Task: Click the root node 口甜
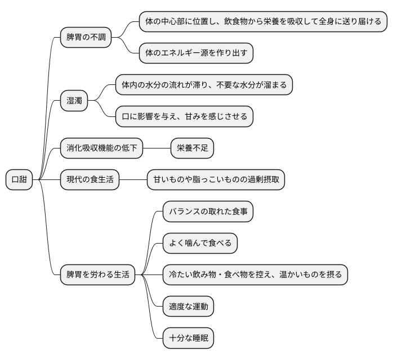19,180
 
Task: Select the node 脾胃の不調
86,38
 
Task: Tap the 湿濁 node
74,101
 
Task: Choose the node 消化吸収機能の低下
101,148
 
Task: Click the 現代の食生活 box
90,180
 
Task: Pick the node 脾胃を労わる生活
97,275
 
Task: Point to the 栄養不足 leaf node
193,148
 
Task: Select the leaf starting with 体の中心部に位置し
263,22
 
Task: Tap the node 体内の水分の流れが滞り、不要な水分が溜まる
204,85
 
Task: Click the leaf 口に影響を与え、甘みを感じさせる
185,116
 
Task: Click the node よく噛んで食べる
200,244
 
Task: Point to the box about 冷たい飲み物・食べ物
255,275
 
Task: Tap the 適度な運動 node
188,307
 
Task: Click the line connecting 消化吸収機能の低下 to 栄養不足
157,148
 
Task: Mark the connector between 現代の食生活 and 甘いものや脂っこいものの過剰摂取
133,180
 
